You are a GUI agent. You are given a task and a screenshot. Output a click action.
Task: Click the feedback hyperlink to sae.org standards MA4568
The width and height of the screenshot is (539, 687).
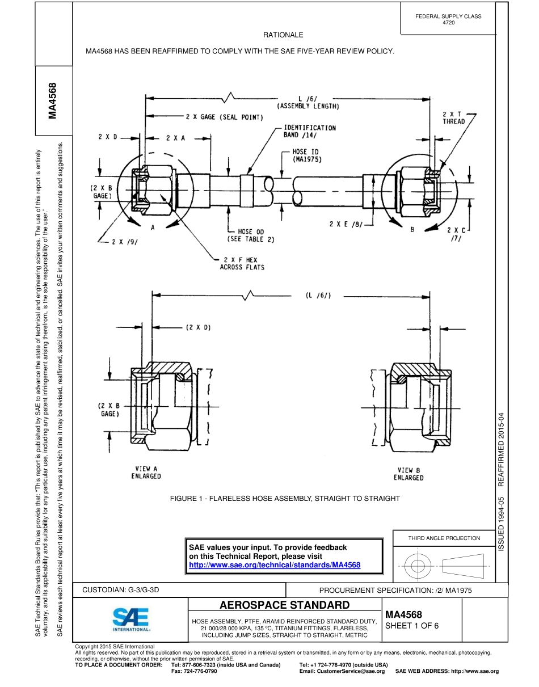coord(275,565)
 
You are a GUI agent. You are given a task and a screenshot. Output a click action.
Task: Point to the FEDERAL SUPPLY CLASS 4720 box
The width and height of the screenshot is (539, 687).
coord(448,19)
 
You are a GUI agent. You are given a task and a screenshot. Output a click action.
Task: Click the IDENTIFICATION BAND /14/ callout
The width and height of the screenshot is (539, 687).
coord(309,131)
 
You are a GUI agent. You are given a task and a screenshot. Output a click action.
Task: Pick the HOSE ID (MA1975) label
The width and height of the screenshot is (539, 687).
coord(307,156)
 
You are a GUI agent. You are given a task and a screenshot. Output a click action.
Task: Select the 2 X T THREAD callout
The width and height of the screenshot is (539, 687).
coord(453,117)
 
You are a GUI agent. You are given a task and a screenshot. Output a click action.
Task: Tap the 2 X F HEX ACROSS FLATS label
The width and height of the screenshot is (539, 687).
coord(242,263)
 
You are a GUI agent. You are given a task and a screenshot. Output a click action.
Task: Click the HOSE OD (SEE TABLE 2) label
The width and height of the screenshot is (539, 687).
coord(251,235)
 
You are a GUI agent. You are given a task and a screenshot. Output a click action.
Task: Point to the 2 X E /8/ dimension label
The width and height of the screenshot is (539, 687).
coord(345,224)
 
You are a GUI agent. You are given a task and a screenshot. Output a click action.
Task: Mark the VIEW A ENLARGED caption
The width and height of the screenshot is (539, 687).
coord(146,473)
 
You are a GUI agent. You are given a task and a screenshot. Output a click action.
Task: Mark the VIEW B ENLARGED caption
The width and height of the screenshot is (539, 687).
coord(409,474)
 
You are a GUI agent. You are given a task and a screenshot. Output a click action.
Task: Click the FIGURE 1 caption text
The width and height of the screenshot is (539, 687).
coord(285,498)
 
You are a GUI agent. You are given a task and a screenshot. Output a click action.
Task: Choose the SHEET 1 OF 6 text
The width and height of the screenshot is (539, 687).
coord(412,626)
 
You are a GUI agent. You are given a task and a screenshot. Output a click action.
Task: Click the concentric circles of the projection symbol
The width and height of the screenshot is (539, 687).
coord(418,566)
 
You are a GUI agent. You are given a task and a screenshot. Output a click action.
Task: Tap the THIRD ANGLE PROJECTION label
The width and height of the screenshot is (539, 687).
coord(444,538)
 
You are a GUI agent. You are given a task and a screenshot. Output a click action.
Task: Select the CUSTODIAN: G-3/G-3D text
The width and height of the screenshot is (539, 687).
coord(121,590)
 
